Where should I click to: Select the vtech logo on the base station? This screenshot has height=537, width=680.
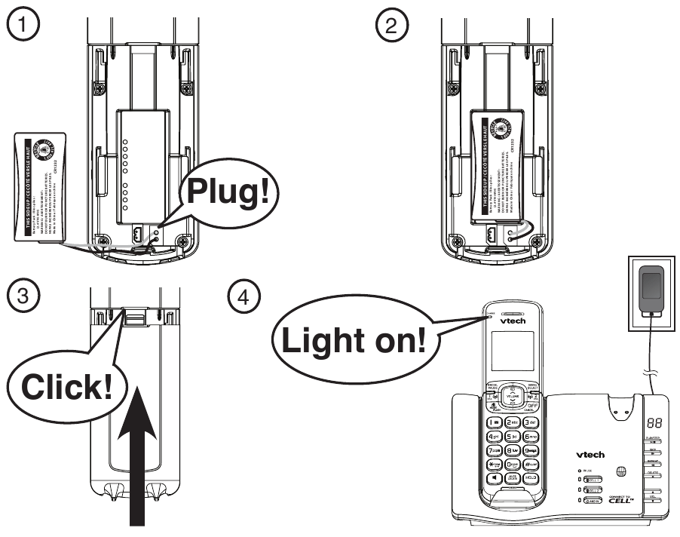pyautogui.click(x=590, y=454)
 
